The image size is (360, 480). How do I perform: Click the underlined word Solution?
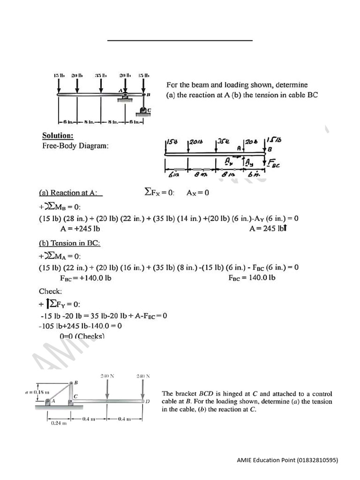58,136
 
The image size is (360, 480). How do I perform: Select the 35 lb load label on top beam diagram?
101,75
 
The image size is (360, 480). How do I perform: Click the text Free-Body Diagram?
75,146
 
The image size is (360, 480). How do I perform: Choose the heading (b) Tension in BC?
69,243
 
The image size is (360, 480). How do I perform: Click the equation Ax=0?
198,193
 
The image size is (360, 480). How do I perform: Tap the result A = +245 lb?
80,229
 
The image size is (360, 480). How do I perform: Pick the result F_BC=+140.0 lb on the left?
85,278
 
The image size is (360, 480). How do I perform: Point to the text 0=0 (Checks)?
82,336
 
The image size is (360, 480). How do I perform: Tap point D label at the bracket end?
148,402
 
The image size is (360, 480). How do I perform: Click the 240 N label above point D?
143,376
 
